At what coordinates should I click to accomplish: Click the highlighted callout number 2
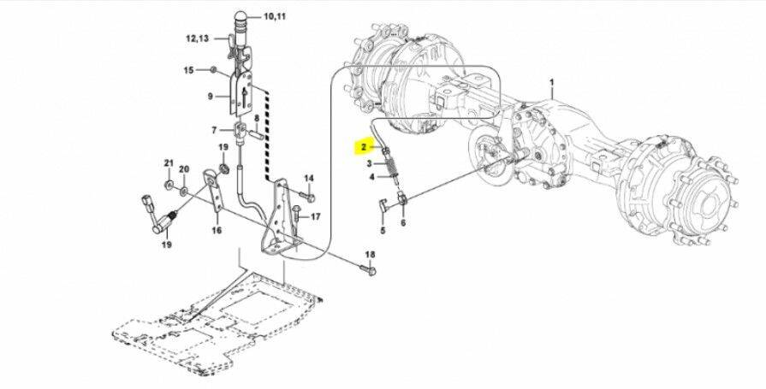pyautogui.click(x=364, y=146)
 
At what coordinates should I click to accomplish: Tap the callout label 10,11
pyautogui.click(x=275, y=16)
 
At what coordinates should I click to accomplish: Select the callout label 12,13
pyautogui.click(x=198, y=38)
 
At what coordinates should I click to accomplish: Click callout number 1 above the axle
pyautogui.click(x=552, y=82)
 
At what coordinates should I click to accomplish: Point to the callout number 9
pyautogui.click(x=210, y=96)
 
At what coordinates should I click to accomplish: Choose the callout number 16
pyautogui.click(x=217, y=229)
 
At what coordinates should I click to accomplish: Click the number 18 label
pyautogui.click(x=370, y=254)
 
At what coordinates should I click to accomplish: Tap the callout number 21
pyautogui.click(x=169, y=162)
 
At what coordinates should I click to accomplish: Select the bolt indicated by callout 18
pyautogui.click(x=368, y=269)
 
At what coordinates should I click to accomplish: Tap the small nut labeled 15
pyautogui.click(x=213, y=70)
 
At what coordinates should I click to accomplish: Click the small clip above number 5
pyautogui.click(x=383, y=205)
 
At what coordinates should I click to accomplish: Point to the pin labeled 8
pyautogui.click(x=257, y=133)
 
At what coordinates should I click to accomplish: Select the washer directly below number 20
pyautogui.click(x=184, y=191)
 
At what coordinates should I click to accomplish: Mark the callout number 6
pyautogui.click(x=403, y=223)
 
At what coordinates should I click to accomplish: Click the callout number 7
pyautogui.click(x=214, y=130)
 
